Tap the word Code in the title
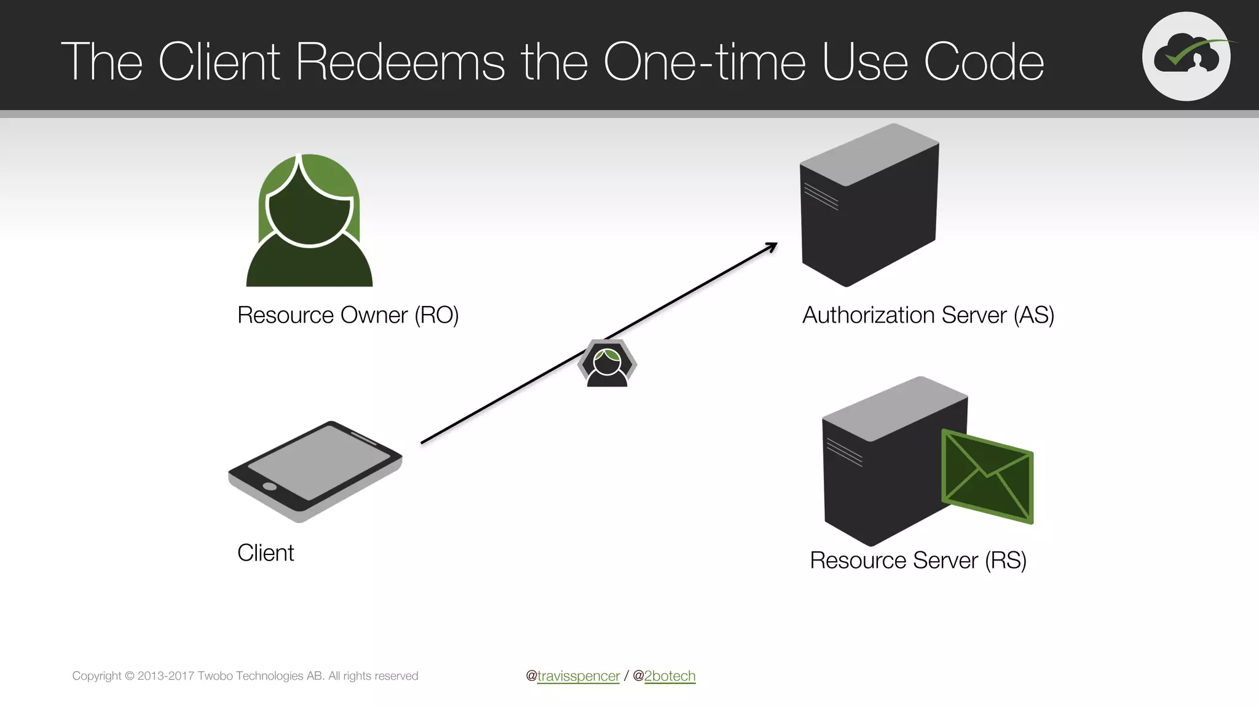984,62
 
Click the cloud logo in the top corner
1186,57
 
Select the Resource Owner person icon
309,221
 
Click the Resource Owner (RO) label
348,315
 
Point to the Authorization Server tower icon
869,206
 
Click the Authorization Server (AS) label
928,315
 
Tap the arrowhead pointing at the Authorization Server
772,246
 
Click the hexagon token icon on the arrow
607,363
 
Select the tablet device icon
315,471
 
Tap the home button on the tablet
269,487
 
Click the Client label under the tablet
266,553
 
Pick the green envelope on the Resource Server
987,477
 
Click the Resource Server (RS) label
918,560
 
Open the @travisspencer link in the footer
578,676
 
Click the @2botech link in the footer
669,676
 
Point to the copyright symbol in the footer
129,676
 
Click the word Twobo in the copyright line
215,676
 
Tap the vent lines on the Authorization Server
821,197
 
